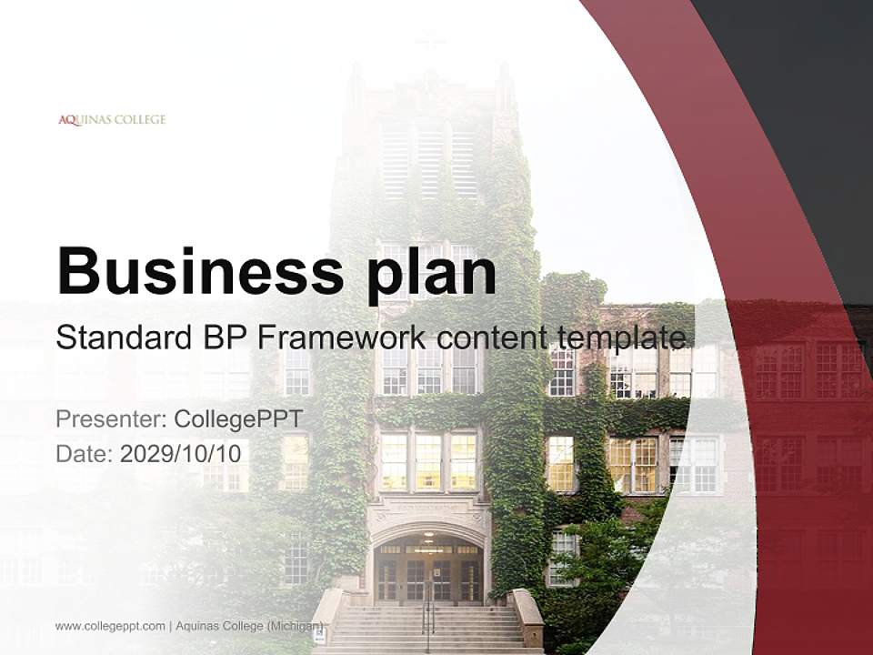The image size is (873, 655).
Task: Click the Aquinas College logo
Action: tap(112, 119)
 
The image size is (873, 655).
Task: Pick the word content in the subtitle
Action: tap(493, 338)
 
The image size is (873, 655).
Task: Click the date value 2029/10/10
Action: tap(182, 453)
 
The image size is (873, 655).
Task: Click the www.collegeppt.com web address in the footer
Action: tap(110, 626)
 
